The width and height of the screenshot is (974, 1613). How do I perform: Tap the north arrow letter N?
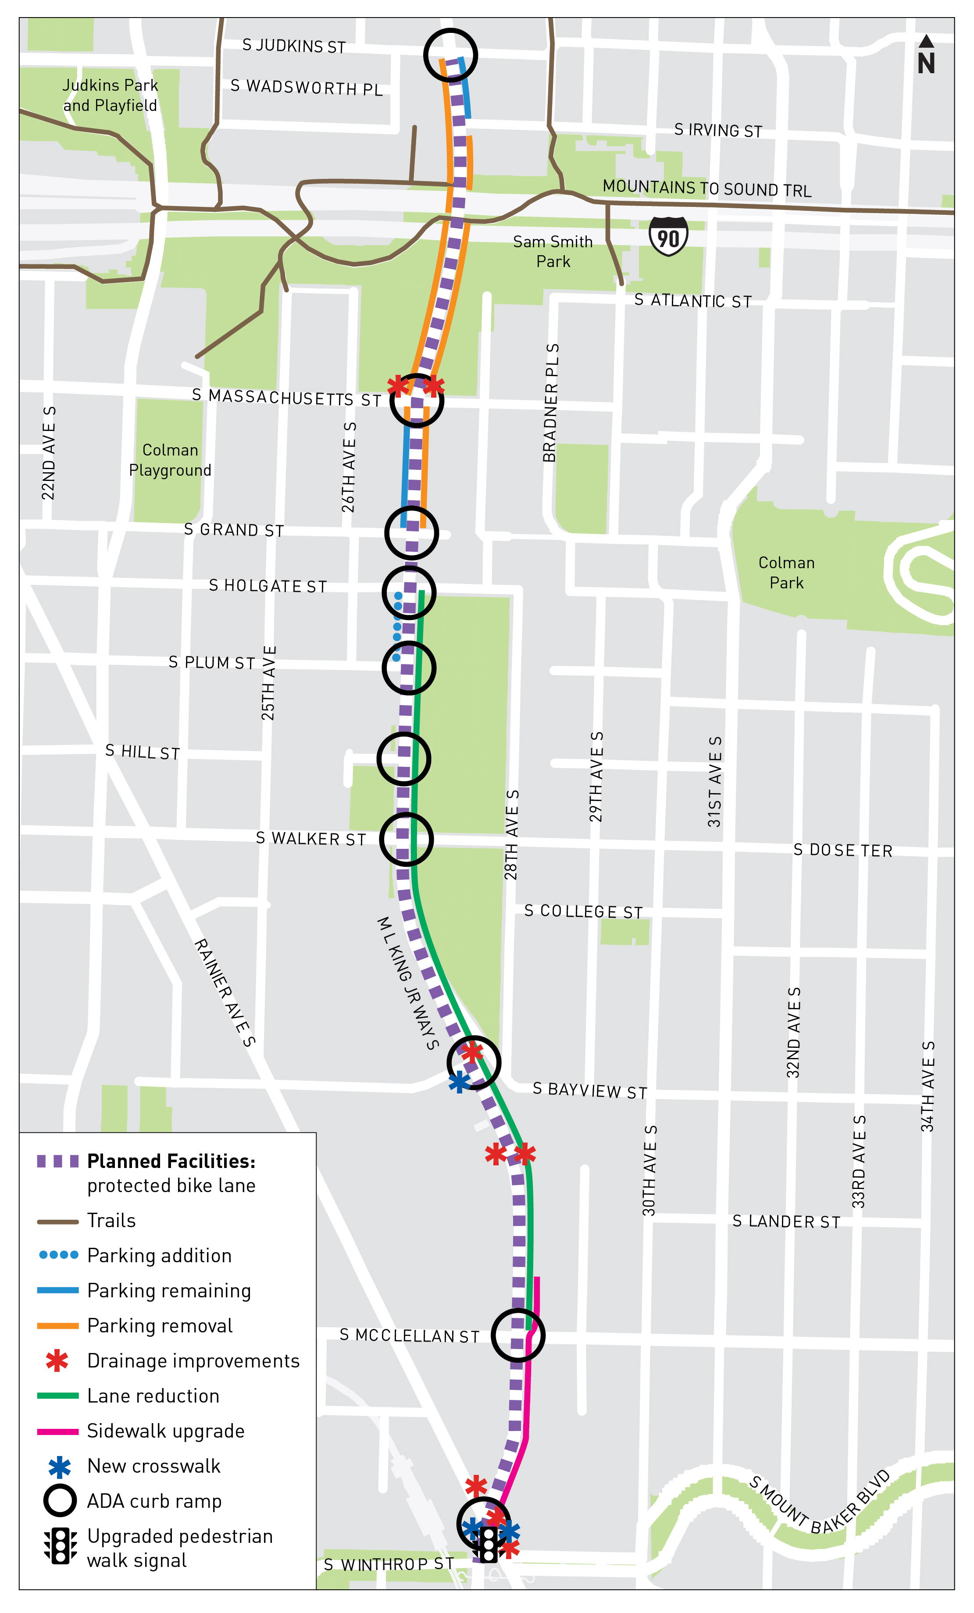tap(926, 64)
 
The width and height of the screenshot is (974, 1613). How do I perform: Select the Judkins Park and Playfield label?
tap(110, 96)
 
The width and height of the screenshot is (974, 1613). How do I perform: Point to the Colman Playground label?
tap(170, 460)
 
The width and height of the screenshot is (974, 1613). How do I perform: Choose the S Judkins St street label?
tap(293, 46)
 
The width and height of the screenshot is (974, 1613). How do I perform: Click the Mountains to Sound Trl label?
tap(706, 189)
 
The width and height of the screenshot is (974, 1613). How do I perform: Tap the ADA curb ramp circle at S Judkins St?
tap(450, 55)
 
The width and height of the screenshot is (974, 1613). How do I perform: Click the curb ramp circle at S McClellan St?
tap(518, 1335)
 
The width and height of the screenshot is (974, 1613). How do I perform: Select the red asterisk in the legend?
tap(57, 1361)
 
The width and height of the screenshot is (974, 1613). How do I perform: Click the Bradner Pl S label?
tap(550, 402)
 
